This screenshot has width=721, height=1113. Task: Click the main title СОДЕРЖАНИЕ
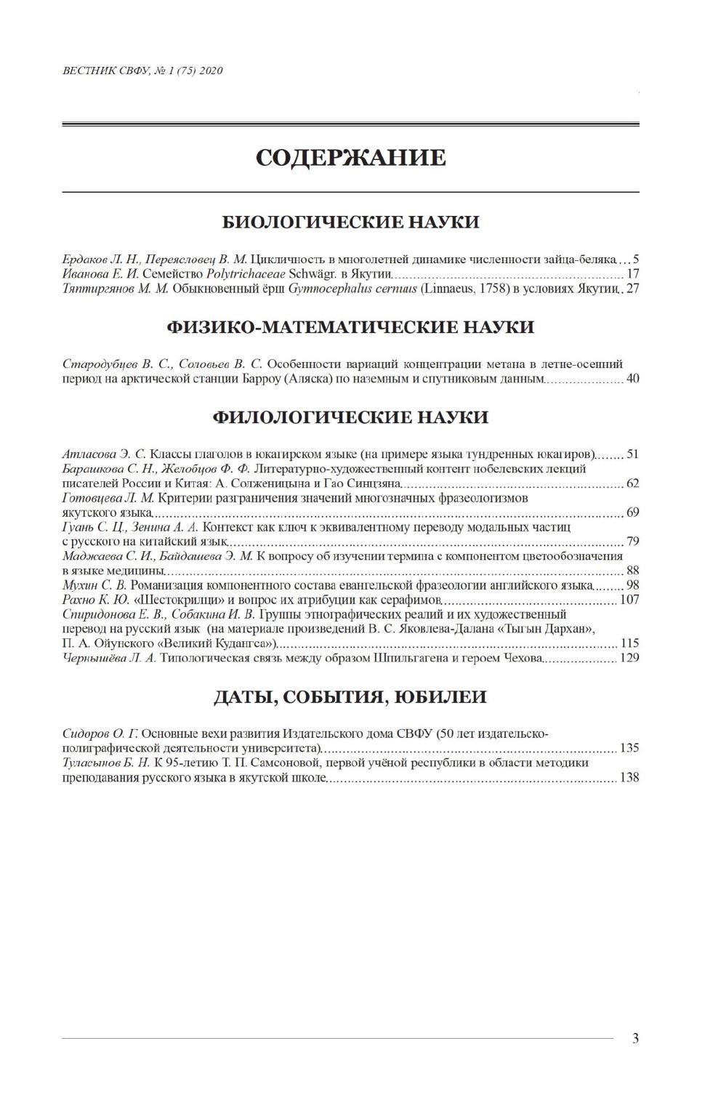click(x=350, y=158)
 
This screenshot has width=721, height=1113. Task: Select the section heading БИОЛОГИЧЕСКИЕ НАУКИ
click(x=350, y=222)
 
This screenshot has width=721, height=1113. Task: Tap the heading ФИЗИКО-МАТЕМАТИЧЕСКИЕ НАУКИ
click(x=350, y=327)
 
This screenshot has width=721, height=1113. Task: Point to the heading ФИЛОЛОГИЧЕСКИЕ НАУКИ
click(x=350, y=417)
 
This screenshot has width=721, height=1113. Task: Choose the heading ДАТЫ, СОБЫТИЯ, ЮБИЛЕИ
click(x=350, y=697)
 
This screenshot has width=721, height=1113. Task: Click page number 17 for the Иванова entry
click(x=632, y=274)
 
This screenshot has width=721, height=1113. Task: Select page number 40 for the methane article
click(x=632, y=379)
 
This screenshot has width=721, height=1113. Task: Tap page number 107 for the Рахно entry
click(x=629, y=600)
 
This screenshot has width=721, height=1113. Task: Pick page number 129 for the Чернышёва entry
click(x=629, y=658)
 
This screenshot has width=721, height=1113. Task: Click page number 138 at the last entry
click(x=629, y=777)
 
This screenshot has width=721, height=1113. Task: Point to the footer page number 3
click(x=635, y=1038)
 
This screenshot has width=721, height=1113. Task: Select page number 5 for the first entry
click(x=635, y=260)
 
